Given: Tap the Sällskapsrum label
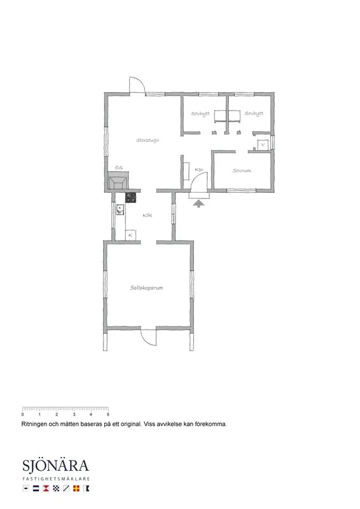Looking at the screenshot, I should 147,288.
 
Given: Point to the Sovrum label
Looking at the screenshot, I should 241,171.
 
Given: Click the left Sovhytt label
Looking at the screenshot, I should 200,114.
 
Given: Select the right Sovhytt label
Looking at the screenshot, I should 253,114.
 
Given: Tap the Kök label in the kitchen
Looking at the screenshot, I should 147,216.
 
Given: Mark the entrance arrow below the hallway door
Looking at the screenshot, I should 198,202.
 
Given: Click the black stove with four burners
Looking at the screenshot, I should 131,197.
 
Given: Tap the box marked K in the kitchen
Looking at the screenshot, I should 130,235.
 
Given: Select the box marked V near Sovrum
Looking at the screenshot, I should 263,144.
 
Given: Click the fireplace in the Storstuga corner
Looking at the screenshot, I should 119,183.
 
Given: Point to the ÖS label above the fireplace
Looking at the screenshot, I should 118,167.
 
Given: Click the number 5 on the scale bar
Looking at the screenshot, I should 108,415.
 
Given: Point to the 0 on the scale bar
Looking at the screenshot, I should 22,415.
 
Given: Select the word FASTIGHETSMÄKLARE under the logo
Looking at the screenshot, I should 57,477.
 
